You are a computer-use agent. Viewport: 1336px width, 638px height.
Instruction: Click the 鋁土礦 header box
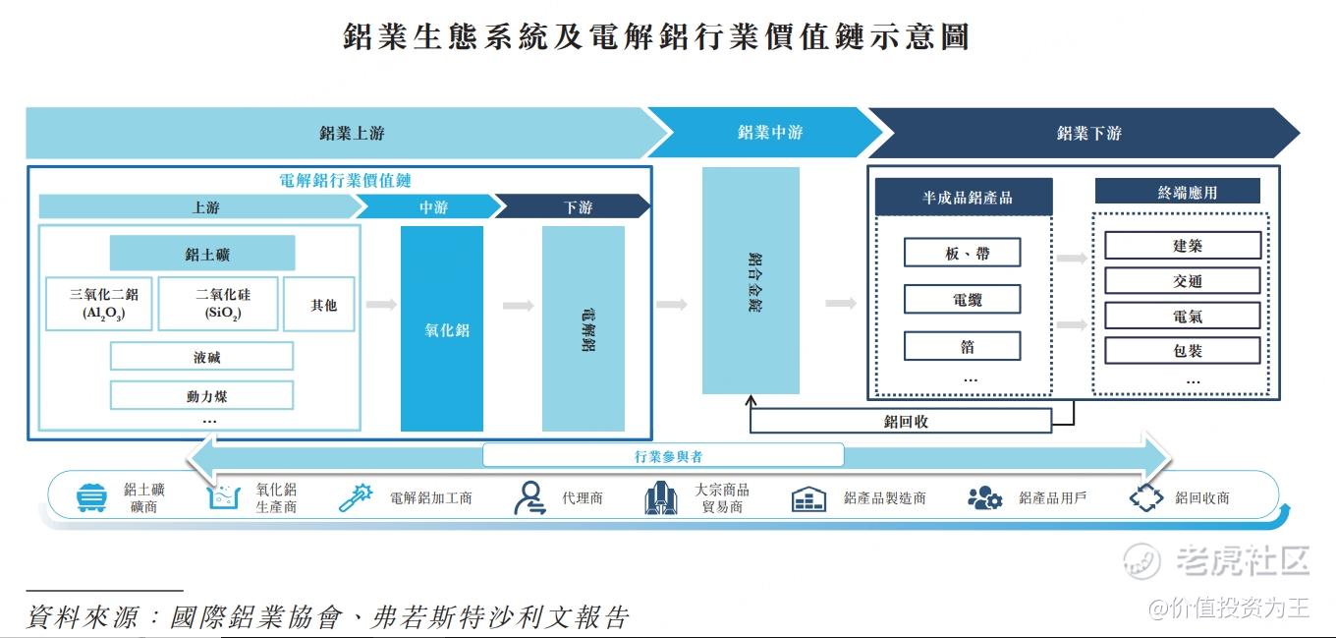point(202,254)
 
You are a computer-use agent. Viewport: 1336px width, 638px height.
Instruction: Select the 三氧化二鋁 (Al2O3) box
point(98,304)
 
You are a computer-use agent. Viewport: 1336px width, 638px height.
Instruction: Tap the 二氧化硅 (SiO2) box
point(217,304)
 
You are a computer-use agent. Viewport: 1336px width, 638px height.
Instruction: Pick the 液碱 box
point(201,356)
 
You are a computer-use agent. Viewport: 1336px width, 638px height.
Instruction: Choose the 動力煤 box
point(201,396)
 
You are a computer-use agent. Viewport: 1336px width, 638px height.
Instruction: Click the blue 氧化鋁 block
point(442,328)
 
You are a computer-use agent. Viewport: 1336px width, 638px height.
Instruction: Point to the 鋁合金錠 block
point(751,280)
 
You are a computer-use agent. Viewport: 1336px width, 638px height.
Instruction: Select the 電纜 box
point(962,300)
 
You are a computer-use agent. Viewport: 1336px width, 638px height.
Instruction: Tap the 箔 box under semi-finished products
point(962,346)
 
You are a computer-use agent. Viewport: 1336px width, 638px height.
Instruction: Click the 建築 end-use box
point(1183,246)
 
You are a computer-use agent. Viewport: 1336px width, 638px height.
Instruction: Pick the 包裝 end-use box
point(1183,350)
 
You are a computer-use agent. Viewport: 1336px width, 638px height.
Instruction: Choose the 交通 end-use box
point(1183,281)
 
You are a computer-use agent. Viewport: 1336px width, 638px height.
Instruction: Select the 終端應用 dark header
point(1177,192)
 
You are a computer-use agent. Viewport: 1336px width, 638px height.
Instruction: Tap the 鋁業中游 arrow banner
point(765,133)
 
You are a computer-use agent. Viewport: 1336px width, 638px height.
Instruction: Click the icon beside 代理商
point(529,498)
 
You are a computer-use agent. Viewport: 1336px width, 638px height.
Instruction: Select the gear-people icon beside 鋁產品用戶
point(983,498)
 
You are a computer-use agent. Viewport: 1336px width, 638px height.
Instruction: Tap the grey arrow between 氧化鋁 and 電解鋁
point(518,306)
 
